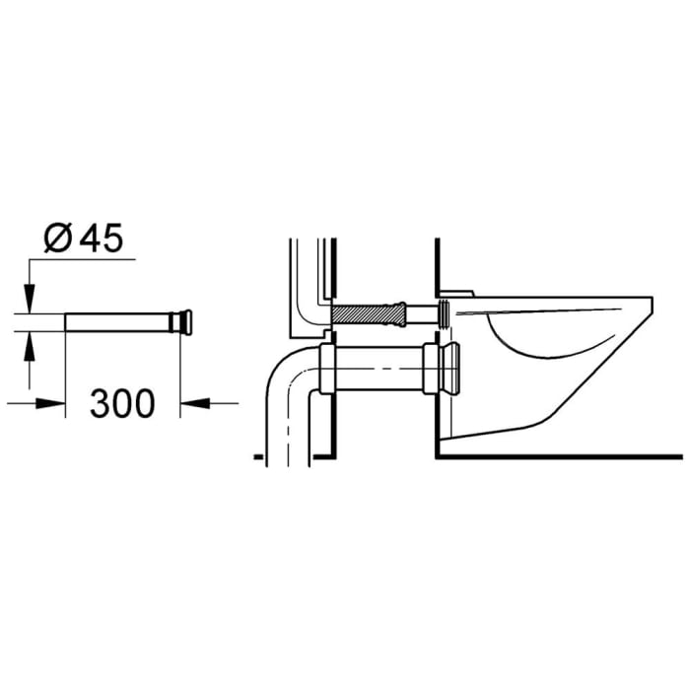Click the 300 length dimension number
tap(123, 402)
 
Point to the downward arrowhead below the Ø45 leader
tap(29, 297)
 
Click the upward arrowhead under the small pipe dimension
tap(29, 343)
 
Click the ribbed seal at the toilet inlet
tap(446, 313)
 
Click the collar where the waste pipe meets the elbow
tap(328, 368)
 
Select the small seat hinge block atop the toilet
tap(457, 293)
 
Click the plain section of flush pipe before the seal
tap(422, 313)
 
